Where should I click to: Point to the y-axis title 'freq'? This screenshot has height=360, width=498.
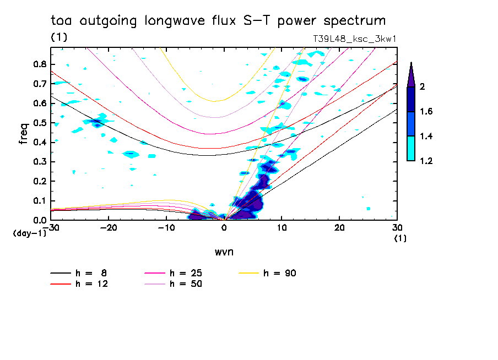pyautogui.click(x=23, y=134)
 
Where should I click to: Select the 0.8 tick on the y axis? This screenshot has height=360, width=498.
pyautogui.click(x=40, y=64)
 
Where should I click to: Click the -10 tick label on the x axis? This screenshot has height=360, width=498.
pyautogui.click(x=166, y=227)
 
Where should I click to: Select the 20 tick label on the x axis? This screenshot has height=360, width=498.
pyautogui.click(x=339, y=227)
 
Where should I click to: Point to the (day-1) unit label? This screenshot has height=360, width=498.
pyautogui.click(x=29, y=233)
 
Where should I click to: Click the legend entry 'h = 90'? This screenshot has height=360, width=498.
pyautogui.click(x=280, y=273)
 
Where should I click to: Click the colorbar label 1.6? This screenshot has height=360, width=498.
pyautogui.click(x=426, y=111)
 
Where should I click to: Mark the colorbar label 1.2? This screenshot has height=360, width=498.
pyautogui.click(x=426, y=161)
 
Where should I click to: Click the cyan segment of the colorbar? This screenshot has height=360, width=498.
pyautogui.click(x=411, y=148)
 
